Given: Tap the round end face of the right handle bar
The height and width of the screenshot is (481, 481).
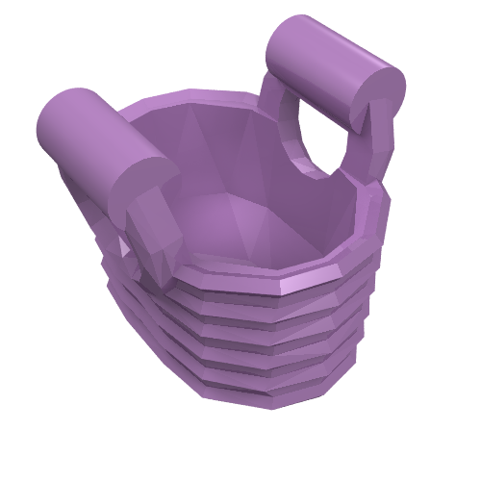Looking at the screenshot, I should (x=377, y=94).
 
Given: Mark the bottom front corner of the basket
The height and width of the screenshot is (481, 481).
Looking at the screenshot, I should (x=269, y=399).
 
